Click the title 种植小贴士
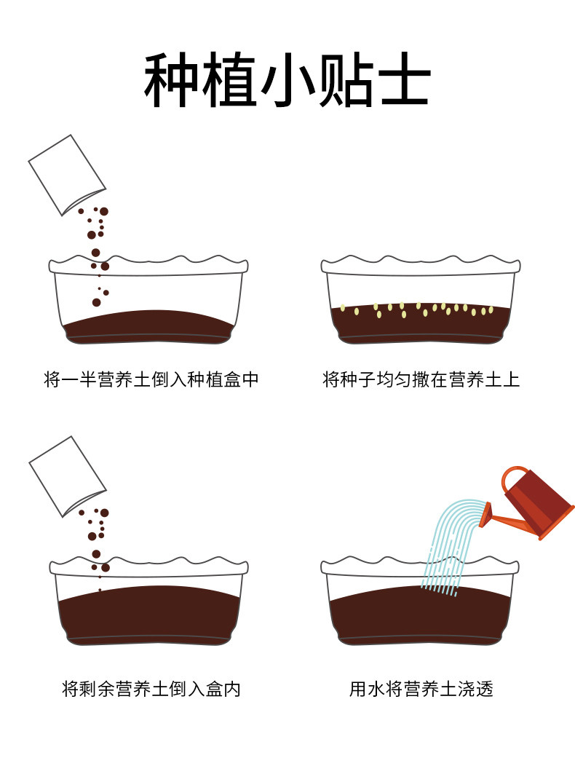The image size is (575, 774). pos(287,80)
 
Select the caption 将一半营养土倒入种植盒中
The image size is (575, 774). pos(151,379)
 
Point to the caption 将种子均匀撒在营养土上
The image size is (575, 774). pos(421,379)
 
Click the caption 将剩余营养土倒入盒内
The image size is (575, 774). pos(151,689)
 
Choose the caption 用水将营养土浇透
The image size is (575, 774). pos(421,689)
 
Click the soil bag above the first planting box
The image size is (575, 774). pos(67,175)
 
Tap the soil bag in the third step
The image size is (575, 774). pos(67,476)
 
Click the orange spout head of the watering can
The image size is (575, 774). pos(485,515)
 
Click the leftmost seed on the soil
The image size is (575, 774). pos(343,308)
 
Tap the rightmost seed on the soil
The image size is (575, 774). pos(491,310)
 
